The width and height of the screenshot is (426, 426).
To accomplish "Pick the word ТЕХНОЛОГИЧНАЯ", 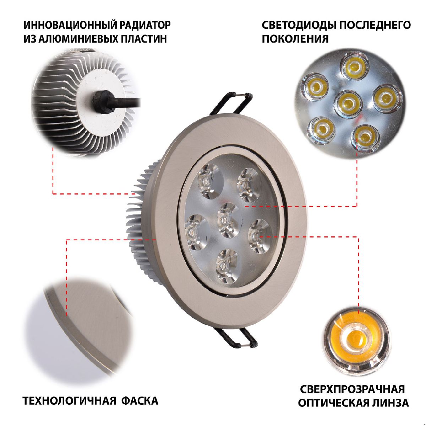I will [x=70, y=401].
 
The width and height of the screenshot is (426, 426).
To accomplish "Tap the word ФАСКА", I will [x=140, y=401].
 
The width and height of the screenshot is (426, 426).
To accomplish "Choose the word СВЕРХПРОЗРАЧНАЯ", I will [x=353, y=389].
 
